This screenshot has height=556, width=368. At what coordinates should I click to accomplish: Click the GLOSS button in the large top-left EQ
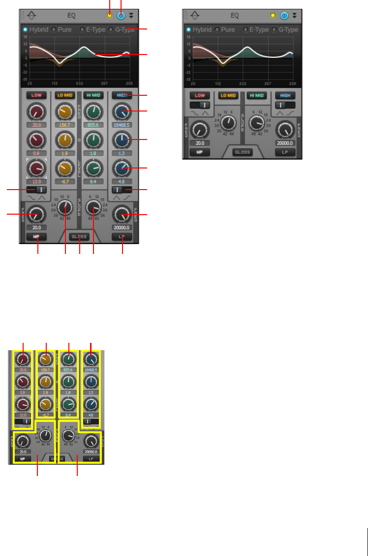tap(79, 236)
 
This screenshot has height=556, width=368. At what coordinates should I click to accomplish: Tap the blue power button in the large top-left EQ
tap(121, 15)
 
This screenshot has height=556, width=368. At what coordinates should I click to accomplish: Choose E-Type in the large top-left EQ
tap(93, 29)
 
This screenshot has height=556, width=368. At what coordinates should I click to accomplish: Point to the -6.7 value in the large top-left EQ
tap(64, 181)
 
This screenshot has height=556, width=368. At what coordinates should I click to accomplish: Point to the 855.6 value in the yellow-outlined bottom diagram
tap(69, 369)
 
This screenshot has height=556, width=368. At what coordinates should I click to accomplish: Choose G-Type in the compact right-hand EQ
tap(288, 29)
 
